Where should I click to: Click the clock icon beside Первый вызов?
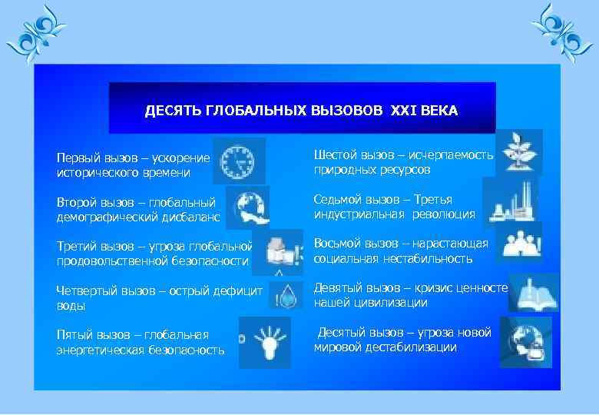239,161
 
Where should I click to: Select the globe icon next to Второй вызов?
247,205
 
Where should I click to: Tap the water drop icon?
289,295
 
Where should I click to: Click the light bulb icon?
265,341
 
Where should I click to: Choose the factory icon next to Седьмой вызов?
510,202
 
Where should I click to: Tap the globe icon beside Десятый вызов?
526,341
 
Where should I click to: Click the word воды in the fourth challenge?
71,306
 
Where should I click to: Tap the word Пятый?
74,335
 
